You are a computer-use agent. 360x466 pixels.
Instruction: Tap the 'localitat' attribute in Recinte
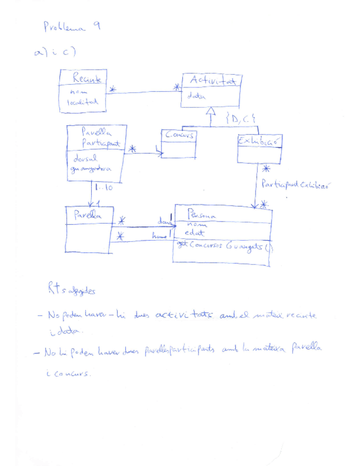pyautogui.click(x=82, y=102)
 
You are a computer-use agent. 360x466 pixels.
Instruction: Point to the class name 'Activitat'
pyautogui.click(x=212, y=81)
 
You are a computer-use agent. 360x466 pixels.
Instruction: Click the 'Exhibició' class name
pyautogui.click(x=259, y=141)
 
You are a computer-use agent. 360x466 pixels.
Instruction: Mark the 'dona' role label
pyautogui.click(x=164, y=221)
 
